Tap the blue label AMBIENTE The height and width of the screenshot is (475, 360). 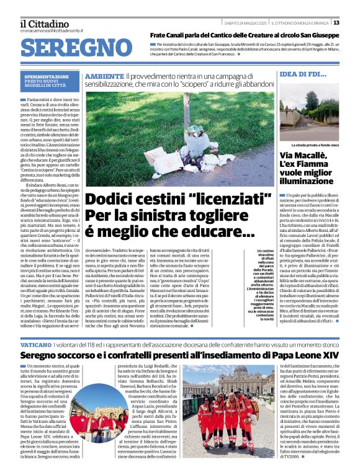103,76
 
